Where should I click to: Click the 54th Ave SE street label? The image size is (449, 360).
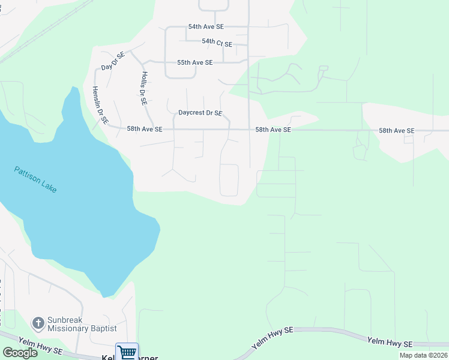(206, 27)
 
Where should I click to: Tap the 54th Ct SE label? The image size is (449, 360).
(217, 42)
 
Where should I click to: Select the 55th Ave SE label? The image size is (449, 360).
(195, 62)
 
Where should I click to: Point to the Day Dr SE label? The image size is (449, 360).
(112, 61)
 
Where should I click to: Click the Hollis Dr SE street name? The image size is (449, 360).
(143, 89)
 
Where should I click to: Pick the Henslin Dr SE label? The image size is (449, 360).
(100, 105)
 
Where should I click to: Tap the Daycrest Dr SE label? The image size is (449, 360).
(200, 113)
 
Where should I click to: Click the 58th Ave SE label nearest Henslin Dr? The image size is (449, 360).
(145, 129)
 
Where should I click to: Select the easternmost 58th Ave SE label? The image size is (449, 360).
(396, 130)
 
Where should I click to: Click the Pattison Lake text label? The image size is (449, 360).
(36, 179)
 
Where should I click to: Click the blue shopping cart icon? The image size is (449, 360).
(127, 352)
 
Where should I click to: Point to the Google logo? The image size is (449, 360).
(20, 353)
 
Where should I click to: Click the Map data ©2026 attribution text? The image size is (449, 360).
(423, 355)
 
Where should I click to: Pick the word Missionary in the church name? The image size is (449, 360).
(68, 329)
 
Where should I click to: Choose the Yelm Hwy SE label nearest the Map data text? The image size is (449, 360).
(390, 343)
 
